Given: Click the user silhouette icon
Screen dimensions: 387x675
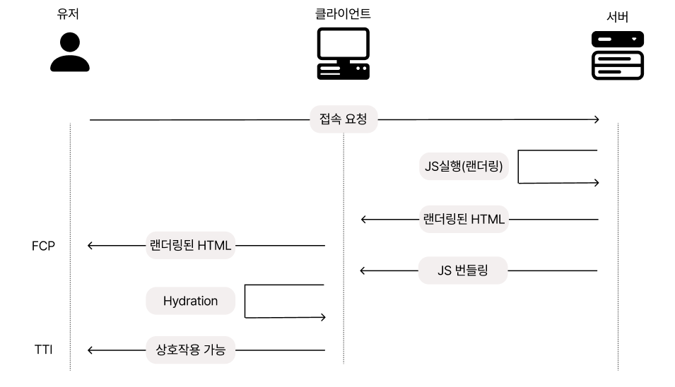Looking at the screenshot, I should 70,54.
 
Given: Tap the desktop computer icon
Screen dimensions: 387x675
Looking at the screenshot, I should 343,54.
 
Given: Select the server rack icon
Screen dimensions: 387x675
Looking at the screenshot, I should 617,54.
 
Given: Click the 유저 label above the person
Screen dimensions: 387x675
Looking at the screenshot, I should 69,14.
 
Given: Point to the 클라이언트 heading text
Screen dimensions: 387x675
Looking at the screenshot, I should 343,13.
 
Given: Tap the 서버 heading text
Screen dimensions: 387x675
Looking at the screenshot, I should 617,16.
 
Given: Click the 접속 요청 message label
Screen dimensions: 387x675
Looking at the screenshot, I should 344,119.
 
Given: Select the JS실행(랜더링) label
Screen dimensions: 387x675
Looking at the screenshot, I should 464,167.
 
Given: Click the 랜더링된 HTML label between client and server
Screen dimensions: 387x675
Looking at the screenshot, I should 464,219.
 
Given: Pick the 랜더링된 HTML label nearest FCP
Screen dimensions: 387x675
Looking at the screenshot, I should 191,246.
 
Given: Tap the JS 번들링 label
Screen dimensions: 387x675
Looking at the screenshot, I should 463,270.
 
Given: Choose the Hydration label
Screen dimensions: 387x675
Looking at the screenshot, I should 190,301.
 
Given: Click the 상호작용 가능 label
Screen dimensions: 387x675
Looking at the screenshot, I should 190,350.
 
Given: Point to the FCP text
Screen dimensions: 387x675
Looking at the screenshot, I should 43,246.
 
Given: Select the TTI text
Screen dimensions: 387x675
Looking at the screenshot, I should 44,350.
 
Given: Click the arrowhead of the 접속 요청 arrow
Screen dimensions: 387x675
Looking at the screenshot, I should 596,120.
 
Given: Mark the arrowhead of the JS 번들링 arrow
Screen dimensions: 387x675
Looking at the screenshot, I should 364,270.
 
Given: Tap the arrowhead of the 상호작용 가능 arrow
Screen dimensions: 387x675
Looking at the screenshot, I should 91,350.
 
